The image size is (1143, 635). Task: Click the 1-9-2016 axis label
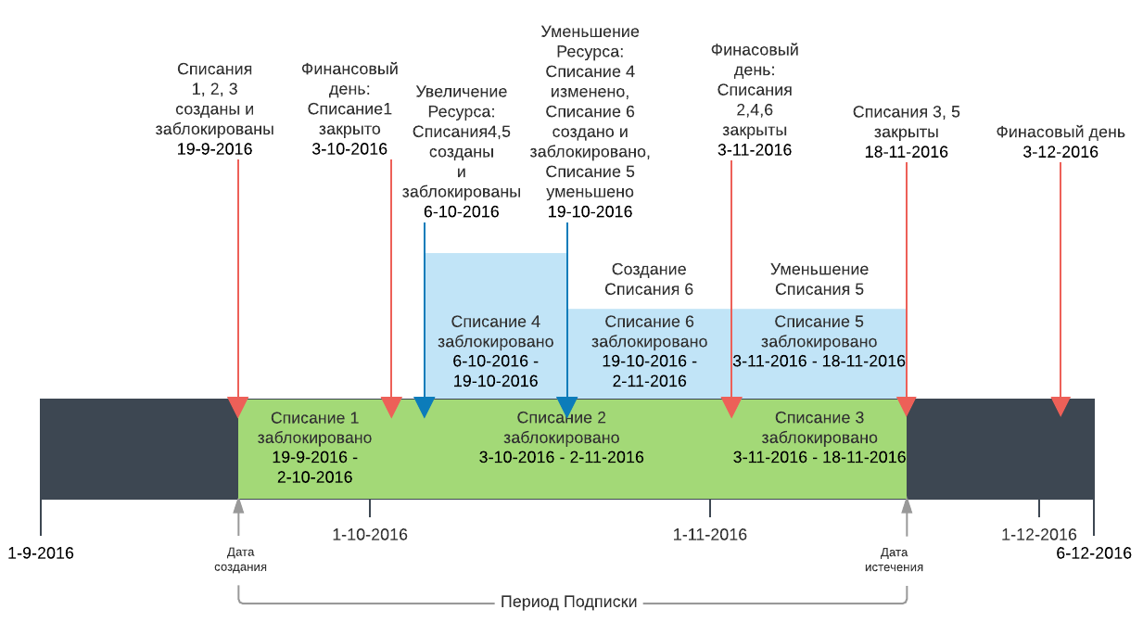(41, 553)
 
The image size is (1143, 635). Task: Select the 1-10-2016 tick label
(370, 534)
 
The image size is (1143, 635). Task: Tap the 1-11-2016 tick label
(710, 534)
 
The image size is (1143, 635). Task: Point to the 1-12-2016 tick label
(1039, 534)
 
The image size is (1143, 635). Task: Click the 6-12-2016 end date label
(1094, 553)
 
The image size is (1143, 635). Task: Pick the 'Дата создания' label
(240, 559)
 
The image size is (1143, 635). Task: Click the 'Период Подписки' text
(569, 602)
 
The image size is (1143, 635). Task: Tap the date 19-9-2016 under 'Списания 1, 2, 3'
(214, 149)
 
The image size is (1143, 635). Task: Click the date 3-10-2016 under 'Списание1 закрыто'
(349, 149)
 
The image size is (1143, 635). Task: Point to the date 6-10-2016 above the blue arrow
(462, 212)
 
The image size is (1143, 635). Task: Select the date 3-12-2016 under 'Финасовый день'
(1060, 152)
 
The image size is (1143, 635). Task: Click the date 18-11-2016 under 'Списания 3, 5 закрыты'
(907, 152)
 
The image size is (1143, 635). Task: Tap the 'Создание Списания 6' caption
(649, 279)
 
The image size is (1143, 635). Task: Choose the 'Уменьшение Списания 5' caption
(819, 279)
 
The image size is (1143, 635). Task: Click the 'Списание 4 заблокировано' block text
(495, 331)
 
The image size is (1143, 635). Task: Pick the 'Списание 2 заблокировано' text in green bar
(562, 427)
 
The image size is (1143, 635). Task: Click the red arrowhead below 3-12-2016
(1060, 407)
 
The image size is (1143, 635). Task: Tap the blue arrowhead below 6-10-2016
(425, 407)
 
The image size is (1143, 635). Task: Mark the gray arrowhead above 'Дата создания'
(238, 506)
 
